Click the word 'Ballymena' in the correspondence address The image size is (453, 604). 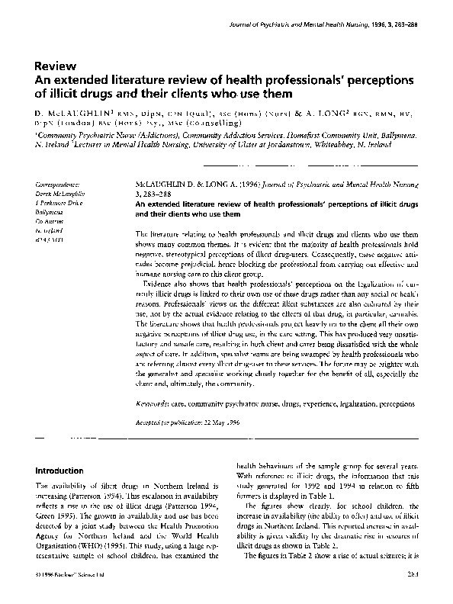50,215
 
